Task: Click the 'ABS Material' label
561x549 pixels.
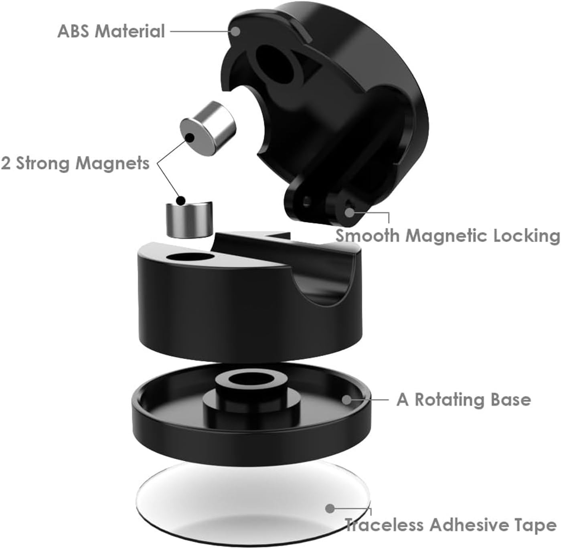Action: tap(111, 31)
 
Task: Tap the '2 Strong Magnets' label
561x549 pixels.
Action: tap(75, 163)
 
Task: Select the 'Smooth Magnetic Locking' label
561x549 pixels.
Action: tap(448, 236)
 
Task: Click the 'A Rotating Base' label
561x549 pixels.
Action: tap(464, 400)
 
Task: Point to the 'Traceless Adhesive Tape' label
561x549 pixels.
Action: tap(451, 525)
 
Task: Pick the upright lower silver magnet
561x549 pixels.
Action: tap(188, 220)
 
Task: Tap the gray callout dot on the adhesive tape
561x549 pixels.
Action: tap(330, 509)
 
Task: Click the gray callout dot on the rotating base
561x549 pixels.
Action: tap(346, 399)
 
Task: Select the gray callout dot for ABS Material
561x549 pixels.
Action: tap(236, 31)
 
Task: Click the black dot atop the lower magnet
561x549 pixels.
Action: tap(181, 200)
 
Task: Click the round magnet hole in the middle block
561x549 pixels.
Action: tap(188, 257)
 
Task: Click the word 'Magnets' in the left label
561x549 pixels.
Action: tap(113, 163)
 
